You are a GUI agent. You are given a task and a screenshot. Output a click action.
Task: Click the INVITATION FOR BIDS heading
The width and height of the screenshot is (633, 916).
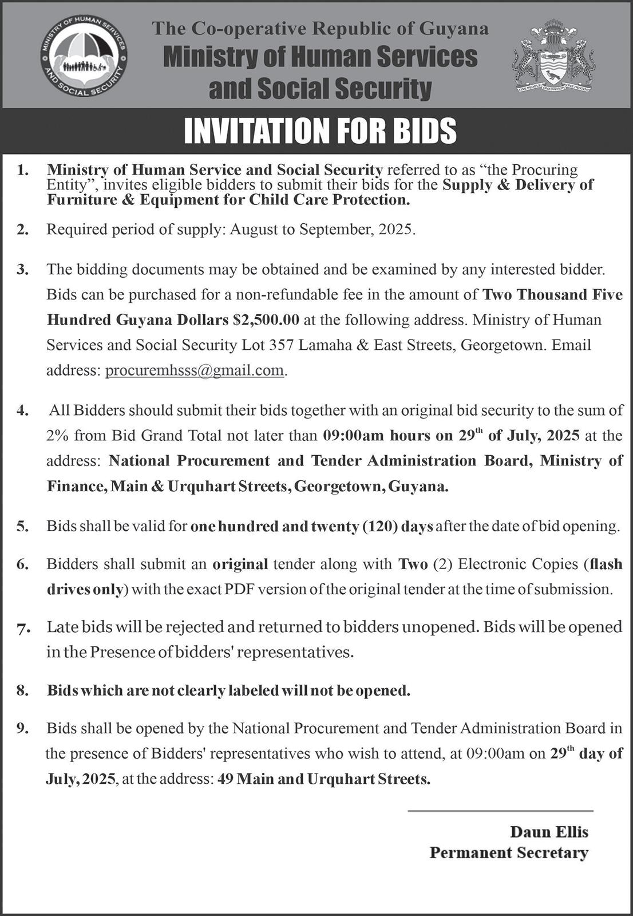[320, 131]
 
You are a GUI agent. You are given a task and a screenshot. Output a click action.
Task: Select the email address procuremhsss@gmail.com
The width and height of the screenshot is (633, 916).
[195, 370]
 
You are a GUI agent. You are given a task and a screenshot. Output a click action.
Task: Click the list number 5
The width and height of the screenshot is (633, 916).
[22, 526]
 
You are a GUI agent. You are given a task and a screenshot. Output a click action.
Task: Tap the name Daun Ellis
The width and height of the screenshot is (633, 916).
[549, 832]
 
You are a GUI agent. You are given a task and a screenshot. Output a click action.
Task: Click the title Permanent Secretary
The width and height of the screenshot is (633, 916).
[509, 853]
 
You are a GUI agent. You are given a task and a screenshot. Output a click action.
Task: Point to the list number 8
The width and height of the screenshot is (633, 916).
[22, 690]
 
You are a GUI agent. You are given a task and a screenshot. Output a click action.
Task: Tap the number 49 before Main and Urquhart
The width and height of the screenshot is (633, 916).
[225, 779]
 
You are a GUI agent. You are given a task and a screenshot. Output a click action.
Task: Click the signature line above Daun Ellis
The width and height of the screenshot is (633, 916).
[500, 811]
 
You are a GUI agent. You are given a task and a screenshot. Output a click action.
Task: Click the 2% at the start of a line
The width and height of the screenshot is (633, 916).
[58, 436]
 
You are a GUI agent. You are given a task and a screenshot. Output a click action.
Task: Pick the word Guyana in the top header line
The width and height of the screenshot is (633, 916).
[455, 29]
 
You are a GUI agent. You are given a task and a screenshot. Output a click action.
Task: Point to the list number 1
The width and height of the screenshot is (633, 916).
[22, 170]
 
